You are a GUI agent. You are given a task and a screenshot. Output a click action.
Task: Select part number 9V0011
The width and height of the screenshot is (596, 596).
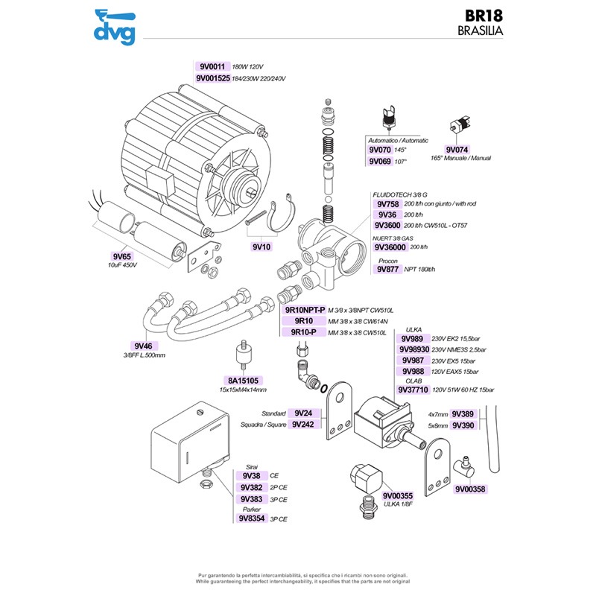212,66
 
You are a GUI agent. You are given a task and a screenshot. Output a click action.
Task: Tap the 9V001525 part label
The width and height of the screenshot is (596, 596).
212,78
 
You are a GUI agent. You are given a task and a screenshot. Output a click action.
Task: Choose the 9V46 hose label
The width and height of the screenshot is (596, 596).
143,346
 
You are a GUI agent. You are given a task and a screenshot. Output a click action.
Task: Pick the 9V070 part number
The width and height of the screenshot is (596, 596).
380,150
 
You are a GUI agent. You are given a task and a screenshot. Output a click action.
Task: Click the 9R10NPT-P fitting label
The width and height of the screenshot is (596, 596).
305,309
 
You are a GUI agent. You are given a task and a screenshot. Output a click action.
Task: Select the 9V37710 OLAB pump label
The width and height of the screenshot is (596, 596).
413,390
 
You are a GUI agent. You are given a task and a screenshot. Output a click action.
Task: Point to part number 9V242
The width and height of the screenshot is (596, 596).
304,425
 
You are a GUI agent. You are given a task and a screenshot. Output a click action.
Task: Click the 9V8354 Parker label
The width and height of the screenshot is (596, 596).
252,519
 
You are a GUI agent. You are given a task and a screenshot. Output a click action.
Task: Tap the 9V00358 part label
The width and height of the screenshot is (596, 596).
470,489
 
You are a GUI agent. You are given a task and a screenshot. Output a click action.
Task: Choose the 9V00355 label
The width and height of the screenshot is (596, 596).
397,495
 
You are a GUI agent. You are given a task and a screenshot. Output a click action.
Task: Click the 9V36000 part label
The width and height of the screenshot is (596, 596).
391,247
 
